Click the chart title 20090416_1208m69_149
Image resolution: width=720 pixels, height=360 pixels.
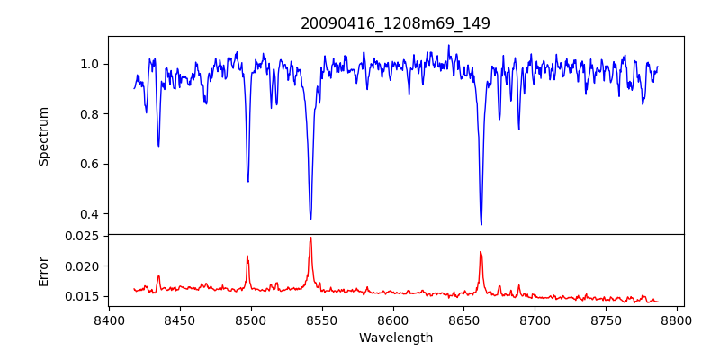[395, 23]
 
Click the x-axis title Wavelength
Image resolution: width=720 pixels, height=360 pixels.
[395, 337]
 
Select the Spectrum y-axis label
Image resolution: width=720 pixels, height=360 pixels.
[44, 136]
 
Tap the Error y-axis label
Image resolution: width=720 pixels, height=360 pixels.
[44, 270]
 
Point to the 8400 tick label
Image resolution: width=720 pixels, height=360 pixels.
[109, 319]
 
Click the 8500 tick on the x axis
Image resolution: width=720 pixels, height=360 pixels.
[251, 319]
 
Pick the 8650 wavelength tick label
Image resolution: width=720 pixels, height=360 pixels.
[464, 319]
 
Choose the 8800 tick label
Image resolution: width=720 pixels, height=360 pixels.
[678, 319]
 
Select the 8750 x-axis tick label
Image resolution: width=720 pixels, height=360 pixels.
[607, 319]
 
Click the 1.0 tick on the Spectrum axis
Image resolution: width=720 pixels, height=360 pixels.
[90, 64]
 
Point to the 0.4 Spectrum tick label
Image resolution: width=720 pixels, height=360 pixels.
[90, 214]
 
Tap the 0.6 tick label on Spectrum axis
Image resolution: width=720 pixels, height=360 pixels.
[90, 164]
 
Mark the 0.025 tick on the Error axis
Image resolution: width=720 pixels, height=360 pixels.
[84, 236]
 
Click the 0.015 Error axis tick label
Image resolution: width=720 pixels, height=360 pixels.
[84, 296]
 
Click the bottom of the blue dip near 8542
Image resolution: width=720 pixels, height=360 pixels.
[310, 219]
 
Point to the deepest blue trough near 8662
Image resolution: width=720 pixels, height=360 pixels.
[481, 224]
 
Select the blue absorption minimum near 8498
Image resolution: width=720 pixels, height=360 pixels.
[248, 181]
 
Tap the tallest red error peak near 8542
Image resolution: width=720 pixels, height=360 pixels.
[310, 238]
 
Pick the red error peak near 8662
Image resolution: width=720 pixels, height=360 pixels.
[481, 252]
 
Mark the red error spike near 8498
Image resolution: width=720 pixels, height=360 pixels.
[247, 256]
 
